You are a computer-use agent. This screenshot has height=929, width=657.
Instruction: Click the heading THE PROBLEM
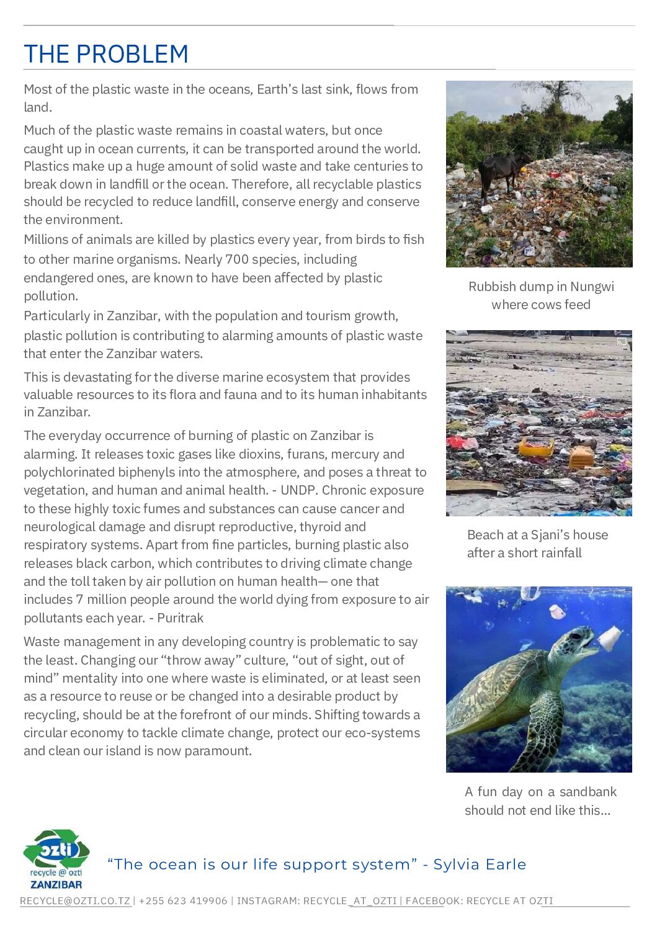pyautogui.click(x=105, y=55)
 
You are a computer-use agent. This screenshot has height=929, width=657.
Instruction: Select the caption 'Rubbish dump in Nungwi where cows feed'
pyautogui.click(x=541, y=295)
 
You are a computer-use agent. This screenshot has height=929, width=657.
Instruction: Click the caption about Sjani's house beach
pyautogui.click(x=537, y=544)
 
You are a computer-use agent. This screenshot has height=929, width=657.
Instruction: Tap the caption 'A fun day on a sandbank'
pyautogui.click(x=540, y=801)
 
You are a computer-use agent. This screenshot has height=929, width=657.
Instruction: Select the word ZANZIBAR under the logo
pyautogui.click(x=56, y=884)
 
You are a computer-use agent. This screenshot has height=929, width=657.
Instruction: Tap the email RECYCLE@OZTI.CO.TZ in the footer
pyautogui.click(x=75, y=901)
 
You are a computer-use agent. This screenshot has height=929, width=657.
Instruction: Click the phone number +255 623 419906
pyautogui.click(x=183, y=901)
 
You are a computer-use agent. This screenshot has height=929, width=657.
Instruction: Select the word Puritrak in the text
pyautogui.click(x=180, y=618)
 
